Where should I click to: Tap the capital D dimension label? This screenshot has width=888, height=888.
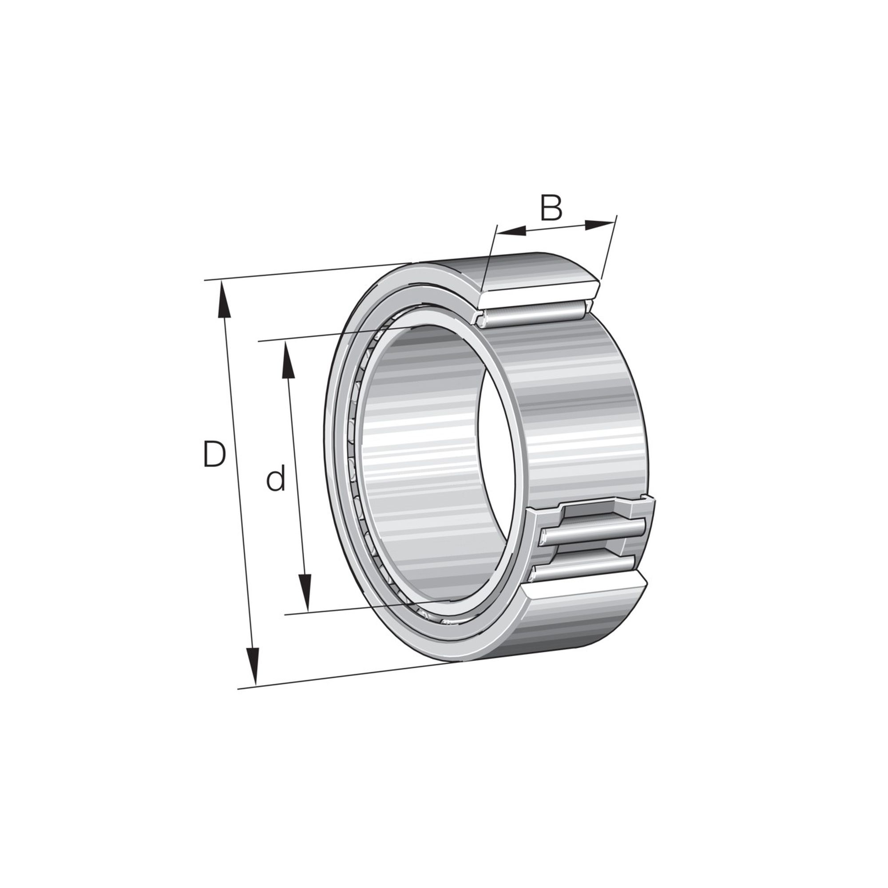tap(214, 454)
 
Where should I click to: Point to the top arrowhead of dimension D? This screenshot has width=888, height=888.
tap(224, 299)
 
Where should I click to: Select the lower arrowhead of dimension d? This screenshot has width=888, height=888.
tap(304, 593)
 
